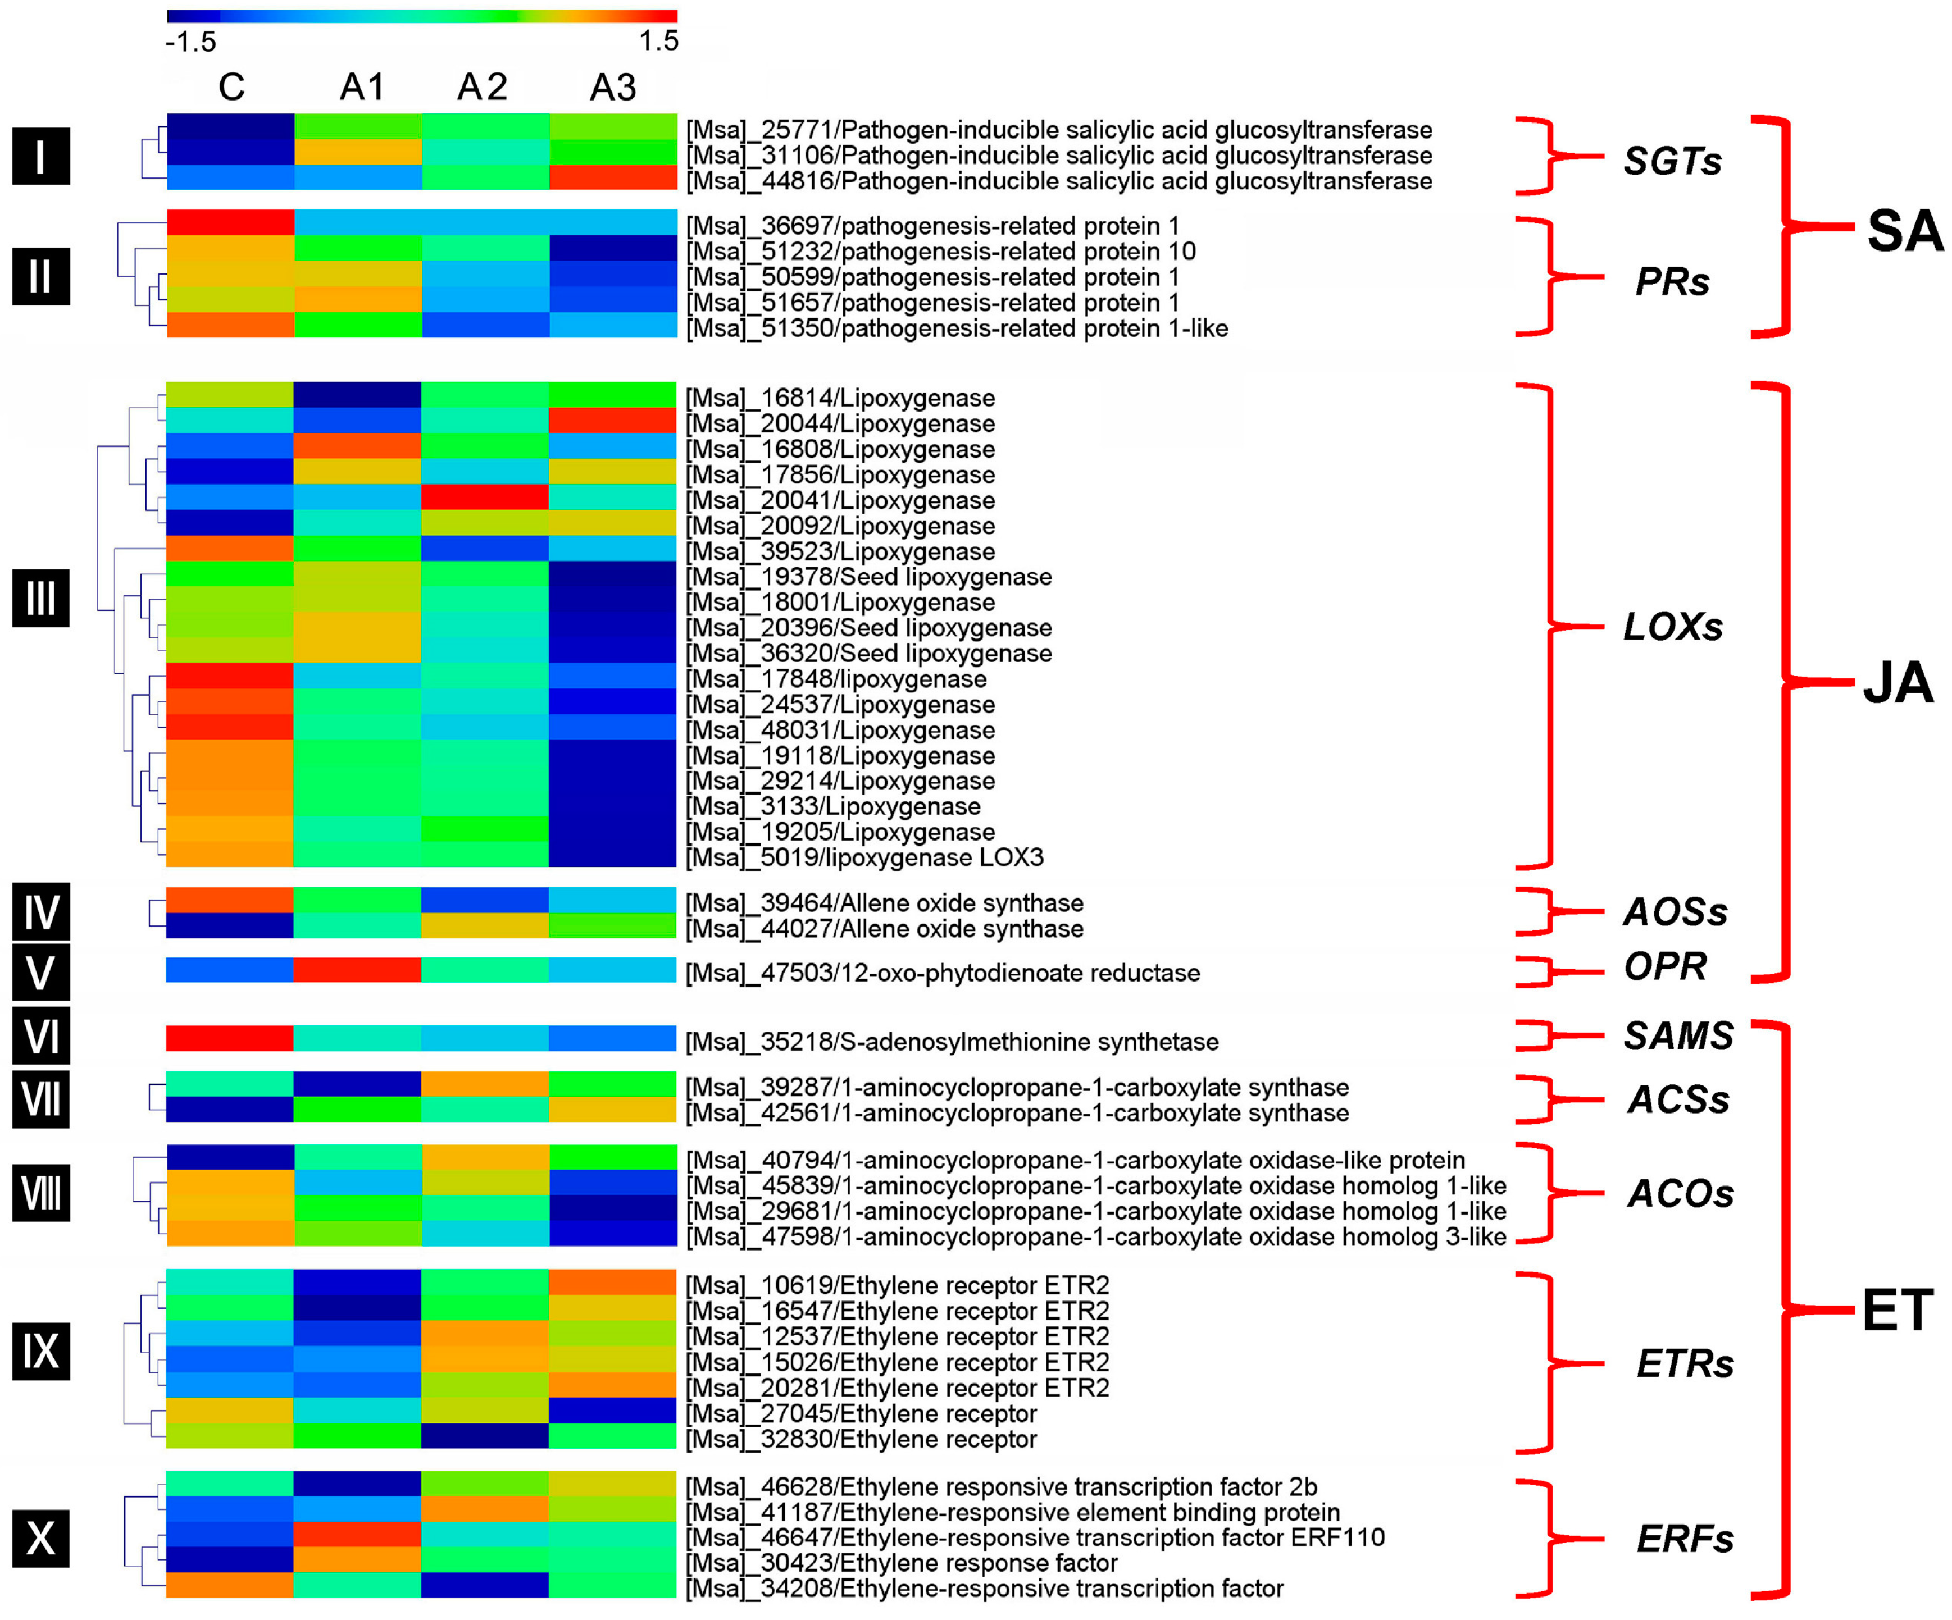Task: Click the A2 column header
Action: point(483,88)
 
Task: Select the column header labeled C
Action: point(231,88)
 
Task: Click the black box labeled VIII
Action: point(41,1193)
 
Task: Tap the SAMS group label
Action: point(1678,1035)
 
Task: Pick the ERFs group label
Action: point(1684,1539)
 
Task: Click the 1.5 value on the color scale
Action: point(658,41)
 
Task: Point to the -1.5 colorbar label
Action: point(190,42)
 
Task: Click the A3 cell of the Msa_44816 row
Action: point(612,177)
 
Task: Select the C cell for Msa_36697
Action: point(230,223)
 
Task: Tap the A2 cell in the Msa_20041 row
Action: point(484,498)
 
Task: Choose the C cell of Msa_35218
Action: point(230,1038)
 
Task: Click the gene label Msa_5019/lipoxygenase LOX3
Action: point(864,857)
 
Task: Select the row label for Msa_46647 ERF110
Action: point(1035,1537)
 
